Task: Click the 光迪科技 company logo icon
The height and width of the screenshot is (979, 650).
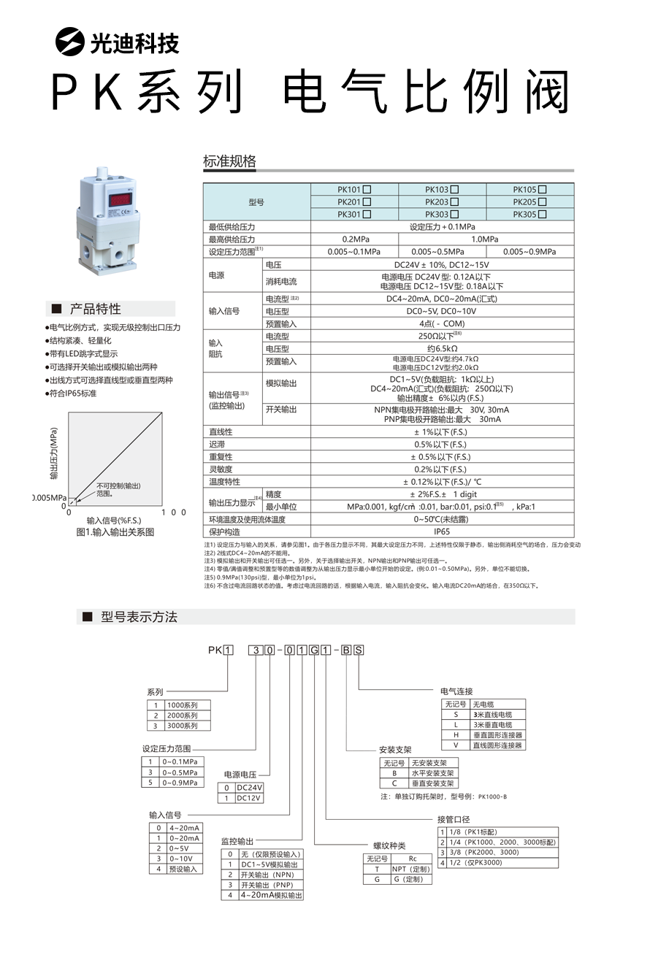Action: tap(70, 42)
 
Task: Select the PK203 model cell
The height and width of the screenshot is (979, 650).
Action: tap(442, 202)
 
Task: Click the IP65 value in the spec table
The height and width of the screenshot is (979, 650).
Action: tap(442, 532)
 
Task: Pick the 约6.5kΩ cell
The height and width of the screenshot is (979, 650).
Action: tap(442, 348)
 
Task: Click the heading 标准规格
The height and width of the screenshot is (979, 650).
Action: tap(230, 161)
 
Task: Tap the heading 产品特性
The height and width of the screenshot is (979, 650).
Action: tap(95, 309)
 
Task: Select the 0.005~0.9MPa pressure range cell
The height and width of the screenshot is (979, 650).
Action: tap(529, 251)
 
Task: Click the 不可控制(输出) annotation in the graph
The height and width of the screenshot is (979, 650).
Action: tap(118, 486)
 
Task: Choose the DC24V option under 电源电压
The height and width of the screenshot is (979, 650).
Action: tap(248, 788)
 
